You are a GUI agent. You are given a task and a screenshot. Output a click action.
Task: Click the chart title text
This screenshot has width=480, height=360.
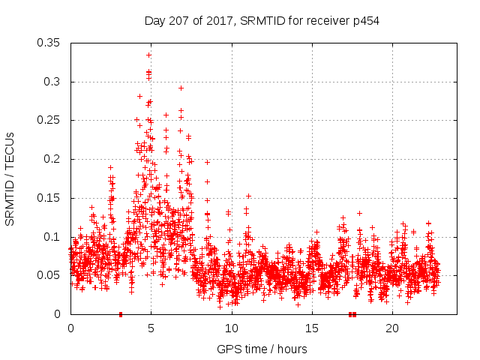point(262,21)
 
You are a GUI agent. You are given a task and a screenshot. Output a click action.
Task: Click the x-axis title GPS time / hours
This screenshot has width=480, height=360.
point(262,349)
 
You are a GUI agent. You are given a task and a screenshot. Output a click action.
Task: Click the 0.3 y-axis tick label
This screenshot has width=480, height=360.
point(54,82)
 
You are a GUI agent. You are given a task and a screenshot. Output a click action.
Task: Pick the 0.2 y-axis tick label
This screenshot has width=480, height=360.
point(54,159)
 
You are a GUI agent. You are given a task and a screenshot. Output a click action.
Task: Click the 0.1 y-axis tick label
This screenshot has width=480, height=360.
point(54,236)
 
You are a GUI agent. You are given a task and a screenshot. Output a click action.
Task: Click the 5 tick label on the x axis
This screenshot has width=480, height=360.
point(151,328)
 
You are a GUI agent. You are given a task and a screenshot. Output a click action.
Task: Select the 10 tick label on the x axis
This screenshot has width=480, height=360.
point(231,328)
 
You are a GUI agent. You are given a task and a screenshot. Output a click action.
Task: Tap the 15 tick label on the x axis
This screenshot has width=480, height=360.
point(311,328)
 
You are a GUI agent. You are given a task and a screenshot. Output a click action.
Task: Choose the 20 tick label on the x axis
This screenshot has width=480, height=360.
point(392,328)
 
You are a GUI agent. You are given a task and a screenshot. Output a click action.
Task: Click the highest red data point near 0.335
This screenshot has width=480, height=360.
point(149,55)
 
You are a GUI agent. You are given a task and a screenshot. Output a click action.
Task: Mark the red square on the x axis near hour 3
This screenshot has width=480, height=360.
point(121,314)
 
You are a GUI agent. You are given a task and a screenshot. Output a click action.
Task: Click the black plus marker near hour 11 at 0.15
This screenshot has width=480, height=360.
point(248,196)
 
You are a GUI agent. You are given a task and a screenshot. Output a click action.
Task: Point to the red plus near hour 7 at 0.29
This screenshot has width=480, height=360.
point(181,88)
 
